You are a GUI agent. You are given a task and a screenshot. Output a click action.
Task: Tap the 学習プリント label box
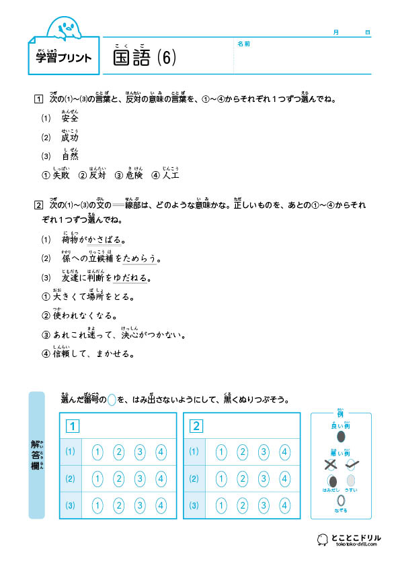pos(64,58)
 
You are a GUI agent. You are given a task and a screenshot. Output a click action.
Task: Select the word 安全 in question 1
pos(70,118)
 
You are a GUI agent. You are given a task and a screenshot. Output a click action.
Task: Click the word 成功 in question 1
pos(70,138)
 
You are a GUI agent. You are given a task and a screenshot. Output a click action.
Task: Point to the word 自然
pos(70,156)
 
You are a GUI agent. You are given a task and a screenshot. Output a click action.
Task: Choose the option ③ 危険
pos(131,175)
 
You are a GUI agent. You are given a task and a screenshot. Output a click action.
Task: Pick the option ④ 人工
pos(167,175)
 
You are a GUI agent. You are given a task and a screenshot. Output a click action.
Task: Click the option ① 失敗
pos(56,175)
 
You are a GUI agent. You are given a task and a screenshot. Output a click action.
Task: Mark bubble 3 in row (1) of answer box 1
pos(140,452)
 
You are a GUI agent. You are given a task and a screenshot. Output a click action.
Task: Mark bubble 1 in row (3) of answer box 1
pos(97,505)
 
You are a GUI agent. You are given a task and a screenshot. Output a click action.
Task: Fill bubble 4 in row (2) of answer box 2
pos(284,478)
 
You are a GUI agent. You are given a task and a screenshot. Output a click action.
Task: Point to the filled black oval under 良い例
pos(341,437)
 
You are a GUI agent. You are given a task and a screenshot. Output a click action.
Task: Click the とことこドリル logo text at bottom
pos(356,537)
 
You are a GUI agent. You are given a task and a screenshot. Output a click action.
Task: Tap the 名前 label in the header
pos(244,44)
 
